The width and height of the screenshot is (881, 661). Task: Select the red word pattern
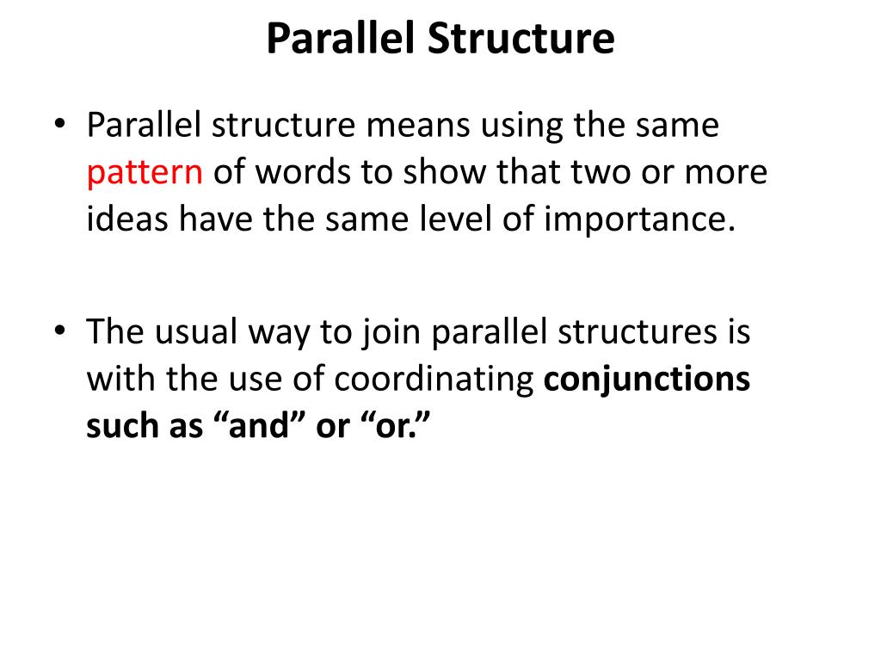tap(144, 174)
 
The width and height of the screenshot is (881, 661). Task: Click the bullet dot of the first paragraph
tap(59, 126)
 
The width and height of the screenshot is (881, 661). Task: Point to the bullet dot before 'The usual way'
tap(59, 332)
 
